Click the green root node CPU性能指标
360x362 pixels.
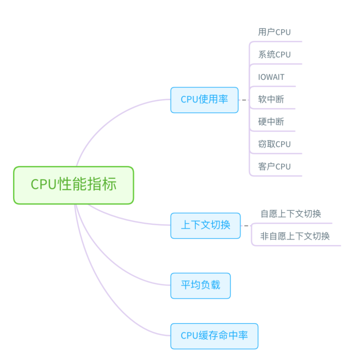tap(74, 185)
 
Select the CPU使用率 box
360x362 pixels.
tap(204, 100)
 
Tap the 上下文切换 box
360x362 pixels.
tap(205, 225)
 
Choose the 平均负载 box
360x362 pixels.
tap(200, 285)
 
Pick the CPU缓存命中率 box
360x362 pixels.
tap(214, 335)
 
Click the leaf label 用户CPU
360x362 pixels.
tap(274, 32)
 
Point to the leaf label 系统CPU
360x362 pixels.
tap(274, 55)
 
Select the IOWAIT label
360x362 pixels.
tap(271, 77)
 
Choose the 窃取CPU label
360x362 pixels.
tap(274, 144)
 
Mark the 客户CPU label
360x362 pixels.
tap(274, 167)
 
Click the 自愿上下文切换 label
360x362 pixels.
tap(290, 214)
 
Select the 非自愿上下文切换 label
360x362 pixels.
tap(295, 236)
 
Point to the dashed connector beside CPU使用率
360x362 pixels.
tap(244, 100)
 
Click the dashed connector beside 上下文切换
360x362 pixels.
tap(246, 226)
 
